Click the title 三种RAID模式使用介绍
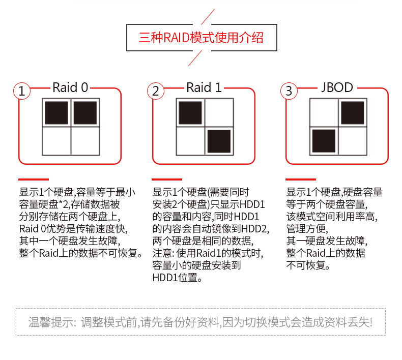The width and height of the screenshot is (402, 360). [201, 38]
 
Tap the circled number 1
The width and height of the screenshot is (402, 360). [21, 92]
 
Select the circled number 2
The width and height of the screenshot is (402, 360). [156, 92]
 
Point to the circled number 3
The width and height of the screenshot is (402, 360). [289, 92]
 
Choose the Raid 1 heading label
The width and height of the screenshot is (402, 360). [204, 87]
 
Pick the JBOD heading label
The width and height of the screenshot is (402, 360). [337, 87]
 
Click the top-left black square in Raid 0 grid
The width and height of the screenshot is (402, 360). [56, 113]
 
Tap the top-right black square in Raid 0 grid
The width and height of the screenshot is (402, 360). [85, 113]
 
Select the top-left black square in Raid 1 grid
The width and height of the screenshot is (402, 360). [190, 113]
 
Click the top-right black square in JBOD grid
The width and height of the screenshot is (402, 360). [352, 113]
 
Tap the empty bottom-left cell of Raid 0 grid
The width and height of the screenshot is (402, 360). [56, 141]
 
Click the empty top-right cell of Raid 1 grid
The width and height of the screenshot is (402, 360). [219, 113]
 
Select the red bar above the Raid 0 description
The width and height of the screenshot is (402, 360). [34, 179]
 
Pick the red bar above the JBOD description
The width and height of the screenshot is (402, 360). [300, 179]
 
